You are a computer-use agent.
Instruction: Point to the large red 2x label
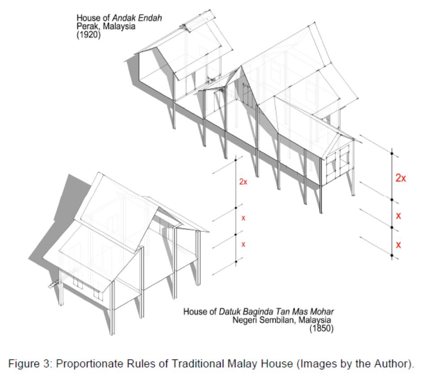[x=400, y=178]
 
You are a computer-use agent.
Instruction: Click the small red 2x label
[x=243, y=182]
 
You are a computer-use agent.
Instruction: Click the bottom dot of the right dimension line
[x=391, y=255]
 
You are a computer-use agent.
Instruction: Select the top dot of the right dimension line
[x=392, y=153]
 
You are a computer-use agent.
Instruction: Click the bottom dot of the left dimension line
[x=236, y=260]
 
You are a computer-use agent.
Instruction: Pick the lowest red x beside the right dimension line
[x=398, y=245]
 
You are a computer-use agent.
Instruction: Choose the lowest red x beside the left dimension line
[x=243, y=244]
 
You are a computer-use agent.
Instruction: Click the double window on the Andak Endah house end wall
[x=338, y=166]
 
